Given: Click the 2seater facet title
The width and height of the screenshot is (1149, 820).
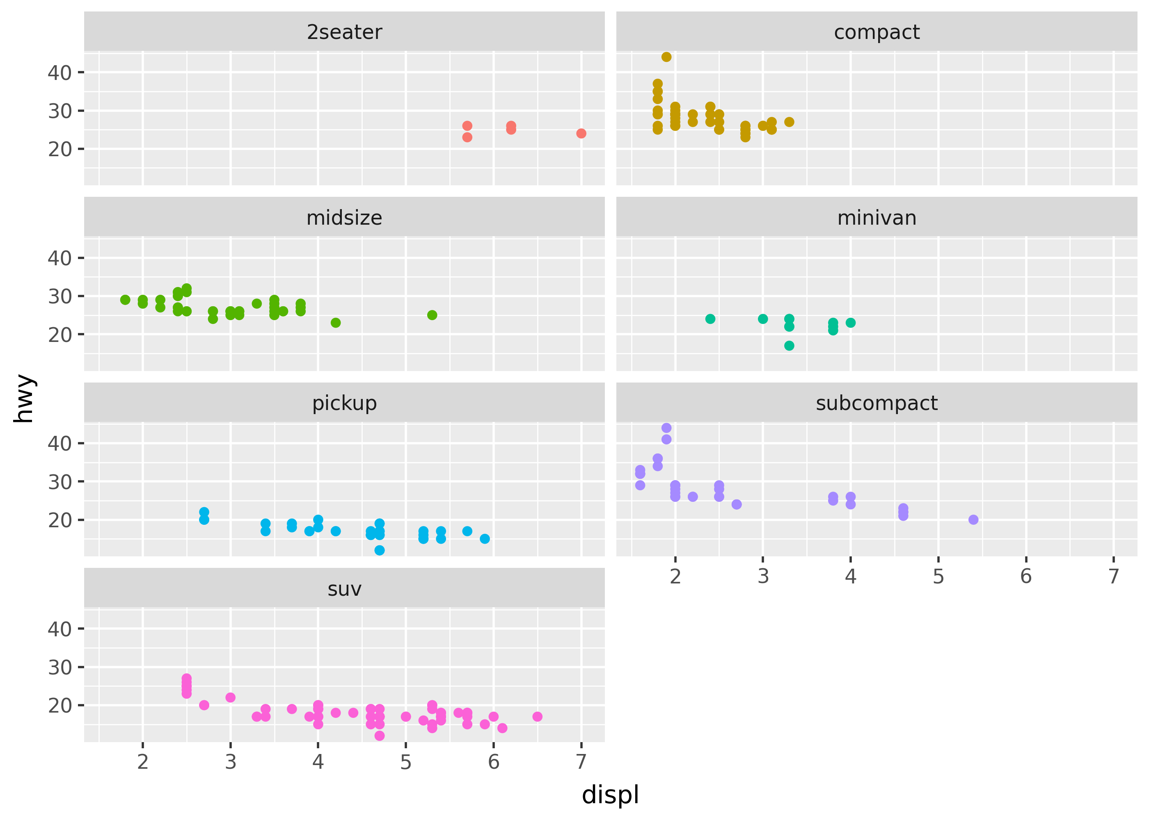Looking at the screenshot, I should (x=344, y=32).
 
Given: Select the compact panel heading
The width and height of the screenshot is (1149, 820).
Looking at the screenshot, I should (x=876, y=32).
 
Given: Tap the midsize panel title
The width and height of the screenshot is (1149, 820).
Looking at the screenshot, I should (x=344, y=218).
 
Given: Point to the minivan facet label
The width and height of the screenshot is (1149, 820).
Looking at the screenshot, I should (x=876, y=218).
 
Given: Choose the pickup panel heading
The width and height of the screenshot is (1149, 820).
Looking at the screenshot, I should (x=344, y=403).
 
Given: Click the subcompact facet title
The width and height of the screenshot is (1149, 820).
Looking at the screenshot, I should (x=876, y=403).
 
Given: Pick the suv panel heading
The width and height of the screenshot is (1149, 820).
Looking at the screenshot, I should (x=344, y=589).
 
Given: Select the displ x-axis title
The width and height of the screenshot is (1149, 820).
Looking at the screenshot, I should (x=610, y=795).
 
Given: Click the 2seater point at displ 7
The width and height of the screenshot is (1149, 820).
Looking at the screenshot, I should (x=581, y=133).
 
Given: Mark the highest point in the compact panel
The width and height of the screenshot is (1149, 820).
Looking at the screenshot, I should (x=666, y=57).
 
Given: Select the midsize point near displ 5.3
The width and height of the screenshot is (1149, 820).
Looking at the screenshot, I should (x=432, y=315).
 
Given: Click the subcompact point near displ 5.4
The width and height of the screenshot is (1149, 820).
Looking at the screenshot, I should (x=973, y=519).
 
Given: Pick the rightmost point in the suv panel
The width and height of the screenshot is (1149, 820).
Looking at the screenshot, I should (x=537, y=717).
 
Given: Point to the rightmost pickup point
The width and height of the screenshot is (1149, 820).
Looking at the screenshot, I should (x=485, y=539).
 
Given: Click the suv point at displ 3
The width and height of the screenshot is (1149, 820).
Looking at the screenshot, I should (x=230, y=697).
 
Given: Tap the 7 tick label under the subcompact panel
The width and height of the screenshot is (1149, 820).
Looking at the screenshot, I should (x=1113, y=576).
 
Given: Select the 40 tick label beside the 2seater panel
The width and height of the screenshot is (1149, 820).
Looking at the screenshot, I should (x=60, y=73).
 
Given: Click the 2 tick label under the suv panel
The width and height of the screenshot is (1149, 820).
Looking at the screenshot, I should (x=143, y=762).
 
